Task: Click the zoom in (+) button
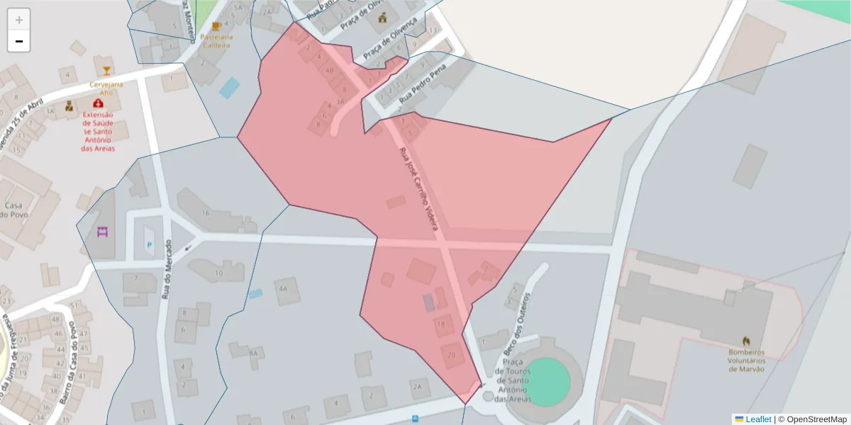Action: coord(19,20)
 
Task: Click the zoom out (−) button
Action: coord(19,41)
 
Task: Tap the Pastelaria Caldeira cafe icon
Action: coord(216,26)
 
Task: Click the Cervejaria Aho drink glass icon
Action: coord(106,71)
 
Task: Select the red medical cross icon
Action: coord(98,104)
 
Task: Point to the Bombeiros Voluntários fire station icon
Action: coord(746,341)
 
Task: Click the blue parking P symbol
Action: coord(149,245)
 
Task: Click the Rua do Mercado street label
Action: coord(167,269)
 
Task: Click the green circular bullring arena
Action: coord(550,382)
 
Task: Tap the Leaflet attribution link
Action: coord(758,419)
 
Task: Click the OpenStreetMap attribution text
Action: coord(812,419)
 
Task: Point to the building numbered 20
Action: coord(452,356)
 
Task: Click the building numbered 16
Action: coord(206,212)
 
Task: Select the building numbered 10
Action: coord(219,272)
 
